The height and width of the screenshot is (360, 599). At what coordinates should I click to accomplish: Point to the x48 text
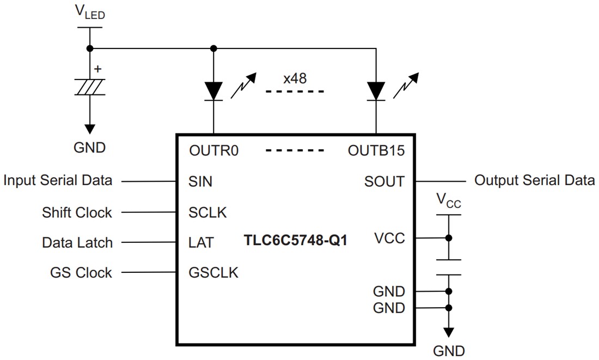[295, 78]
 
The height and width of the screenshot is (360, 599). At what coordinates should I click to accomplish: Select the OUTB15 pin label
[376, 150]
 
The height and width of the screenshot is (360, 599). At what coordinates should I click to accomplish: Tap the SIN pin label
[200, 181]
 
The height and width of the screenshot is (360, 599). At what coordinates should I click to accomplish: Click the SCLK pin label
[207, 212]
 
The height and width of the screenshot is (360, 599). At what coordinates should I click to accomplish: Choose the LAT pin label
[200, 242]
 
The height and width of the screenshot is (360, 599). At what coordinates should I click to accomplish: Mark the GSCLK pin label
[213, 272]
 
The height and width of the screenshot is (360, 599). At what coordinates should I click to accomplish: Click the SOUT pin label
[384, 181]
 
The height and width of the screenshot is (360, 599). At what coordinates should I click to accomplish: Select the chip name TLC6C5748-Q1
[295, 241]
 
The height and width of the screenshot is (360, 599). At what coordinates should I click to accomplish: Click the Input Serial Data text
[58, 180]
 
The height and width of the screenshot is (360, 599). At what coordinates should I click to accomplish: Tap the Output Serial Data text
[534, 180]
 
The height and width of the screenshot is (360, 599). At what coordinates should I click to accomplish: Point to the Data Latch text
[77, 242]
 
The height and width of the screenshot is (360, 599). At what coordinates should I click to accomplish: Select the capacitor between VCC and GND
[448, 267]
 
